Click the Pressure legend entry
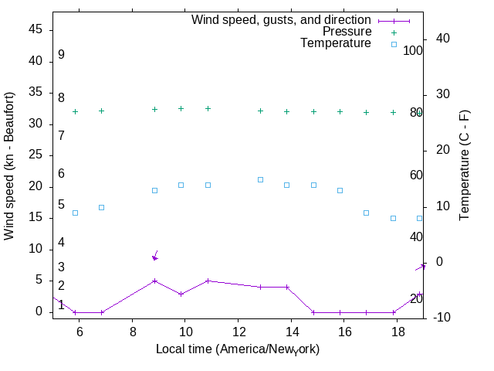point(347,32)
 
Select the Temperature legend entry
point(336,43)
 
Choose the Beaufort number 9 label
point(61,55)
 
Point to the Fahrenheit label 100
point(413,51)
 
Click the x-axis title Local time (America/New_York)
point(238,349)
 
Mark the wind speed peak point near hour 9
point(154,281)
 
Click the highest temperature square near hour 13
point(260,179)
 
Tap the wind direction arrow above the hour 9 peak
point(155,256)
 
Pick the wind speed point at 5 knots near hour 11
point(208,281)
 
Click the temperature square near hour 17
point(367,213)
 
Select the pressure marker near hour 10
point(181,108)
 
